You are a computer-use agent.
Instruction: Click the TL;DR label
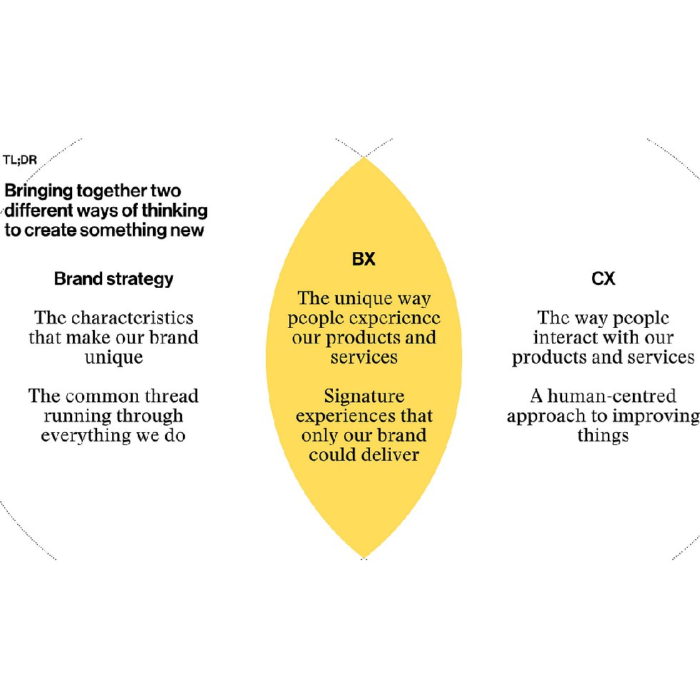click(20, 160)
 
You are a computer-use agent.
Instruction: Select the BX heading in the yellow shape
click(364, 259)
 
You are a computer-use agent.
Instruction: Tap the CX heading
click(603, 279)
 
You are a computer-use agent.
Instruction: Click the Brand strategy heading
click(114, 279)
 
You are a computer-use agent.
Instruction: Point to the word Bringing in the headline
click(39, 191)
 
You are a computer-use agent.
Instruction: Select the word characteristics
click(133, 318)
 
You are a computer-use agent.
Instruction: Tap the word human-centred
click(611, 396)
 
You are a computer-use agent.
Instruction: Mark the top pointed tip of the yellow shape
click(364, 157)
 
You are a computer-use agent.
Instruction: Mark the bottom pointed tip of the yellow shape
click(364, 558)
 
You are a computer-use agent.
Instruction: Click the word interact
click(564, 337)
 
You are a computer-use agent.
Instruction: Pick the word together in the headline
click(111, 191)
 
